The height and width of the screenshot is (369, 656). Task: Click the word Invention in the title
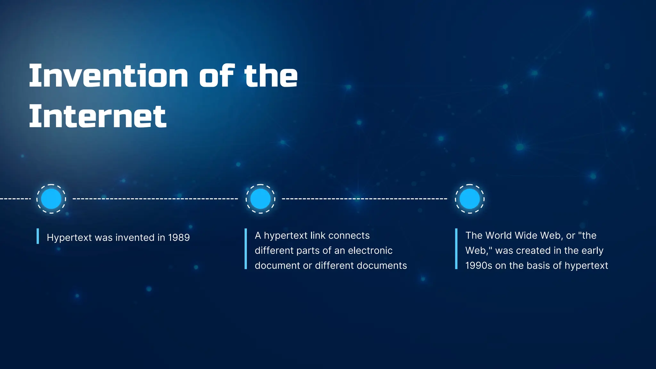pos(108,76)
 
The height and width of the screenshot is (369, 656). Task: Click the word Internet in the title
pos(98,116)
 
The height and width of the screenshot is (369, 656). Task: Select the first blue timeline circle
pos(51,199)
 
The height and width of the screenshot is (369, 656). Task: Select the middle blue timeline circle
pos(260,199)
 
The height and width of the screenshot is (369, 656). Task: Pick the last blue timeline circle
pos(470,199)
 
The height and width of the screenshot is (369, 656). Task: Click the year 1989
pos(179,238)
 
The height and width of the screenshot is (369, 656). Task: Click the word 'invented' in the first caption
pos(135,238)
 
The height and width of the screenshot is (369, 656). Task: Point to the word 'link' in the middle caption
pos(318,236)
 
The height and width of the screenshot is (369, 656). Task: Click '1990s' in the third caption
pos(479,266)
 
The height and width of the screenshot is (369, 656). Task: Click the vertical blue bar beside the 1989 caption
pos(38,236)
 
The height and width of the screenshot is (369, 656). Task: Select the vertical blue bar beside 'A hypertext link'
pos(246,249)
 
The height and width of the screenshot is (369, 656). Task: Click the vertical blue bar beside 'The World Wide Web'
pos(456,249)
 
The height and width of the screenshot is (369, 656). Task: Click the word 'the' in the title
pos(271,76)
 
